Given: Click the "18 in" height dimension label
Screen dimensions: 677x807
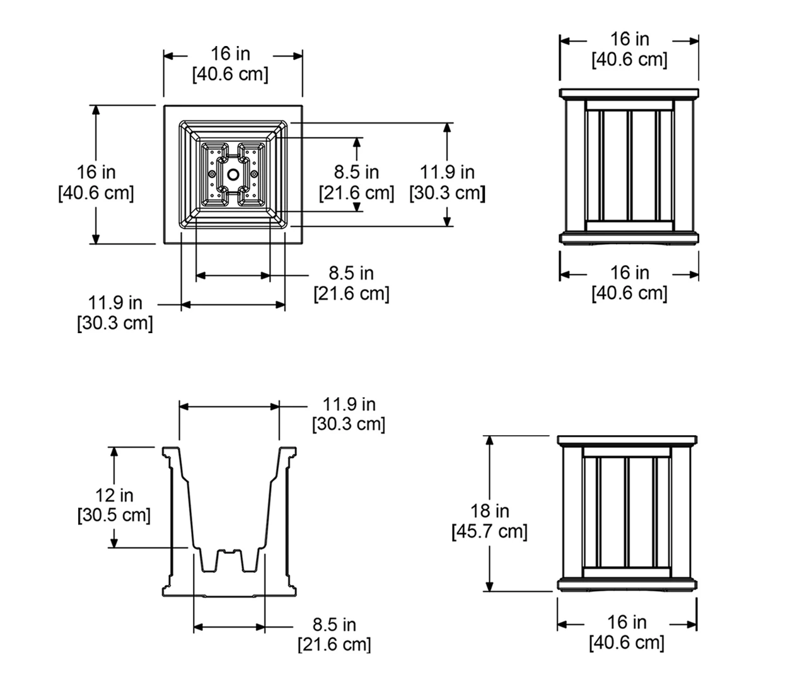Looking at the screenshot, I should (x=489, y=511).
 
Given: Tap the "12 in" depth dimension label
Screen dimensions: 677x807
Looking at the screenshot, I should (x=114, y=495).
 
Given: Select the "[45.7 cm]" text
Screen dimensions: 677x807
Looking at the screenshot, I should (x=489, y=532).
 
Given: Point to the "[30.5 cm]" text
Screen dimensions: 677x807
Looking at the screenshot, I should (x=114, y=515).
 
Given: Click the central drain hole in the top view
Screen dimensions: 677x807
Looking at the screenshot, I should (x=233, y=174).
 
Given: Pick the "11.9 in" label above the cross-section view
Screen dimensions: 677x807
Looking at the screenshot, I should (x=349, y=404).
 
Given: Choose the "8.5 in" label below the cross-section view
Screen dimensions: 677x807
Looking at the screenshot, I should (x=334, y=625).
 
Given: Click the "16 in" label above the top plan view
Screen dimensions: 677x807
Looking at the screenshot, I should (x=230, y=54).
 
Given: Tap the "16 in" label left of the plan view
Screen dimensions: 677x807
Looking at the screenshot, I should (x=96, y=172).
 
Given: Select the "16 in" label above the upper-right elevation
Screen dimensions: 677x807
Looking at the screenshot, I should (x=629, y=39).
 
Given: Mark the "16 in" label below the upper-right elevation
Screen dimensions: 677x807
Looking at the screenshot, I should (x=629, y=273).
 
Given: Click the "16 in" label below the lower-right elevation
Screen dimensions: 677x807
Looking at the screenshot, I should (x=627, y=623).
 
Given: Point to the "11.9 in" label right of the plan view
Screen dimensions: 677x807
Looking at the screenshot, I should (x=448, y=172).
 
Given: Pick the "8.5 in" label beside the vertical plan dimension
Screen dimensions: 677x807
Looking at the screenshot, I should (x=357, y=172).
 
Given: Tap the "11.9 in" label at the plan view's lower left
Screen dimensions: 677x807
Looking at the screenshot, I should (x=115, y=303).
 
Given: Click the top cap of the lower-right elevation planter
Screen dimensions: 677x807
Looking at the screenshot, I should (x=627, y=440).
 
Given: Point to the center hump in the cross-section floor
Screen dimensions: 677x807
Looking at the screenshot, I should (x=228, y=555).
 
